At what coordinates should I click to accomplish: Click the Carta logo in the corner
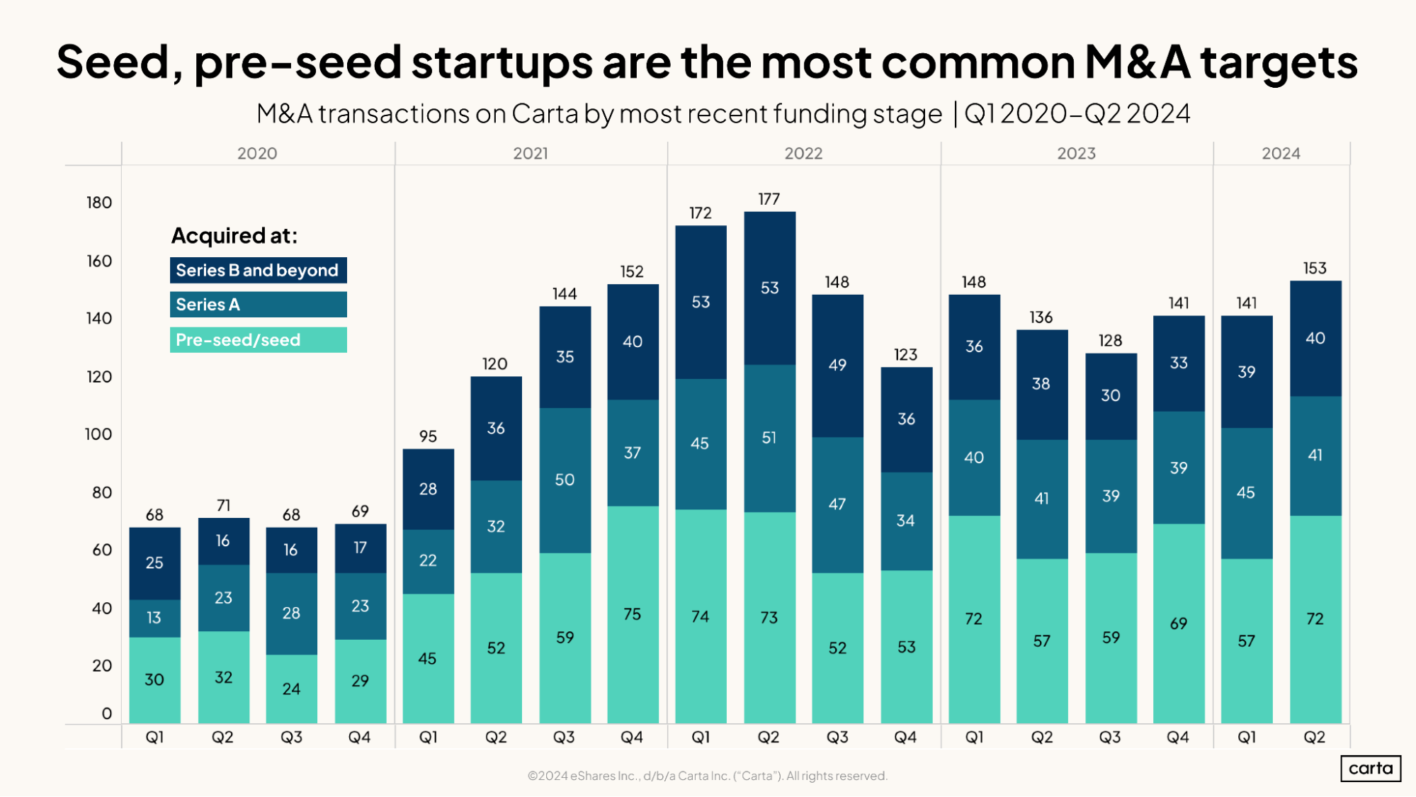[x=1370, y=769]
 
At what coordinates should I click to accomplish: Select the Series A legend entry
[x=258, y=305]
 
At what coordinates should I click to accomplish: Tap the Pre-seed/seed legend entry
[x=258, y=340]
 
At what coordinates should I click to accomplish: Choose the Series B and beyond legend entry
[x=258, y=271]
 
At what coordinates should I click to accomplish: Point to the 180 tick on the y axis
[x=99, y=203]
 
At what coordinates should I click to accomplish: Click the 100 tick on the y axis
[x=98, y=434]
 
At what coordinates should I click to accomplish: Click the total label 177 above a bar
[x=769, y=199]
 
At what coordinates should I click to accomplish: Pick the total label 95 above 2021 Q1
[x=428, y=436]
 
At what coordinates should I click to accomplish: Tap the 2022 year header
[x=803, y=154]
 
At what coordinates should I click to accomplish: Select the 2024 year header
[x=1281, y=154]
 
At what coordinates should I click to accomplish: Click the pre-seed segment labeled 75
[x=633, y=614]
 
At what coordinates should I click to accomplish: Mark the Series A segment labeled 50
[x=565, y=480]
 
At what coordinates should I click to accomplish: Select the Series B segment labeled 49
[x=837, y=365]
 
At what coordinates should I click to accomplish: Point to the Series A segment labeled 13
[x=154, y=618]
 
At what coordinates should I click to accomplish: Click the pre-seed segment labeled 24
[x=291, y=689]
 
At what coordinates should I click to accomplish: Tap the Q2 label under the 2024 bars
[x=1314, y=737]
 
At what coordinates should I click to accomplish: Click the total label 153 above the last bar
[x=1314, y=269]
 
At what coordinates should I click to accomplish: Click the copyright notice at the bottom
[x=707, y=776]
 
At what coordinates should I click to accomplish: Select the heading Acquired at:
[x=234, y=236]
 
